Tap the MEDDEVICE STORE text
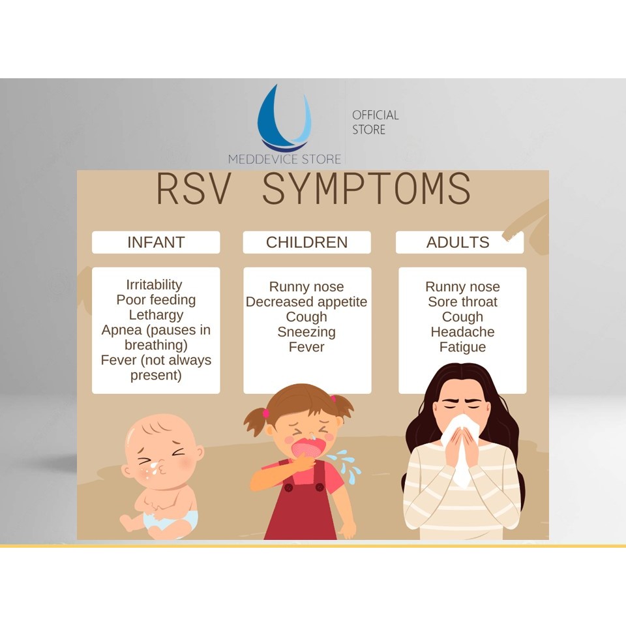[285, 159]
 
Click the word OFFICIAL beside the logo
[376, 115]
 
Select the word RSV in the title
[194, 189]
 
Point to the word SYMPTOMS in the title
[366, 189]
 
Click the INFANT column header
[156, 243]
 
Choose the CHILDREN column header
[306, 243]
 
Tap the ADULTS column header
[458, 243]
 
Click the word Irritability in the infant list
[154, 285]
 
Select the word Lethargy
[156, 315]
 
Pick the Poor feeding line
[156, 300]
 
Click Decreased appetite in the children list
[306, 302]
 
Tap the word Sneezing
[306, 332]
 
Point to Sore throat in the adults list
[463, 302]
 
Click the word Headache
[463, 332]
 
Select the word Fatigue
[463, 348]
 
